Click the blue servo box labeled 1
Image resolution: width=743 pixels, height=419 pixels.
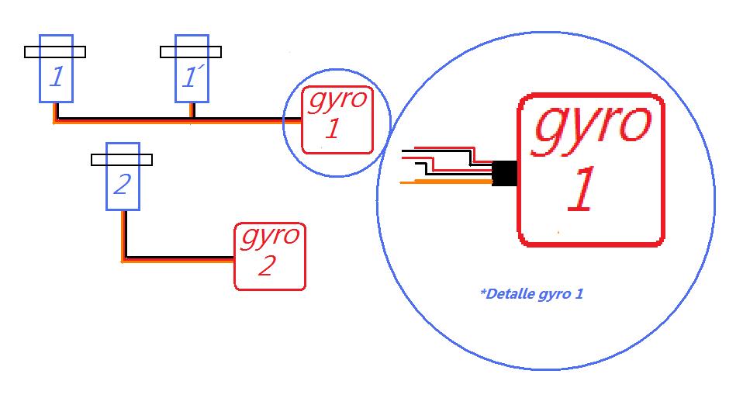(56, 78)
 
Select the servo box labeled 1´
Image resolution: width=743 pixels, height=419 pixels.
(192, 78)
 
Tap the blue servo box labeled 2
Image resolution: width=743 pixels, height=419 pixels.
(123, 186)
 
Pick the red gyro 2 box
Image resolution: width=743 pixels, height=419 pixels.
(269, 256)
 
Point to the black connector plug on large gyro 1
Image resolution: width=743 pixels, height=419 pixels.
(505, 172)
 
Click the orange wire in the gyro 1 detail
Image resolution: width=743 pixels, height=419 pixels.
(446, 182)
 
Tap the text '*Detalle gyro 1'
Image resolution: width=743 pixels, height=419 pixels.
(531, 294)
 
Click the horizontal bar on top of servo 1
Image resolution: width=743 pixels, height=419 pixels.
(55, 52)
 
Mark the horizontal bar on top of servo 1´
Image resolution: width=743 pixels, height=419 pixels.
(191, 52)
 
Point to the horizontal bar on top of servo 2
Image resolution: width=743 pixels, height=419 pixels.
(122, 160)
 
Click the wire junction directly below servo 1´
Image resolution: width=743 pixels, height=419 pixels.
(192, 120)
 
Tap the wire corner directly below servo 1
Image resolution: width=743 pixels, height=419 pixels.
(55, 120)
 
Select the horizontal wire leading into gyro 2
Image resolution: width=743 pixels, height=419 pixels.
(178, 259)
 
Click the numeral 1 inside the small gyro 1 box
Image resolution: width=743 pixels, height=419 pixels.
(332, 129)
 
